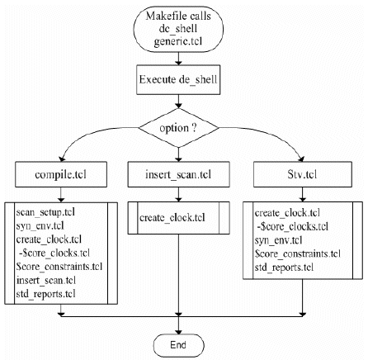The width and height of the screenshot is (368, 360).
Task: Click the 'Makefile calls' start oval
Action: [178, 29]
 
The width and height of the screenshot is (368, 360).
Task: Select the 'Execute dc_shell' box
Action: [178, 80]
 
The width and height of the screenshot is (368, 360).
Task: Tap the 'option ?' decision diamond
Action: [178, 128]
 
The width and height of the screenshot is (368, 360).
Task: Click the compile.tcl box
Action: [61, 174]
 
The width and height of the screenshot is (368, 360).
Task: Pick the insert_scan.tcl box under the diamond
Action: [178, 174]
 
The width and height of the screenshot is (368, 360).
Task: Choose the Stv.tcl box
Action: [303, 174]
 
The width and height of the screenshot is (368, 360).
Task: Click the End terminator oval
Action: [178, 345]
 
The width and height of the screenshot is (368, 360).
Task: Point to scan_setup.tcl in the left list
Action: [45, 212]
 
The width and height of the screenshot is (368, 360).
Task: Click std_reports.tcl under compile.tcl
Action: [45, 294]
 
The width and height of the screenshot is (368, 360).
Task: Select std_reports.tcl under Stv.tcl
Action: [284, 268]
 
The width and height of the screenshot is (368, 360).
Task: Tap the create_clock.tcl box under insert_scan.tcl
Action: [178, 218]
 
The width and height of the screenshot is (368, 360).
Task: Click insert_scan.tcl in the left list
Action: [46, 281]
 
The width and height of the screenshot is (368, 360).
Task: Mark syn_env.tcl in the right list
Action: [278, 240]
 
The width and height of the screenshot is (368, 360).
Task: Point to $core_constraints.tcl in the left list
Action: [59, 267]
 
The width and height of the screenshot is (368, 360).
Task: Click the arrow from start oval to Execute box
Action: [178, 59]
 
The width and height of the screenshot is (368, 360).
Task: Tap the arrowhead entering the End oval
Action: [178, 331]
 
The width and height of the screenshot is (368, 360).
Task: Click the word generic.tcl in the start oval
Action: [178, 42]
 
